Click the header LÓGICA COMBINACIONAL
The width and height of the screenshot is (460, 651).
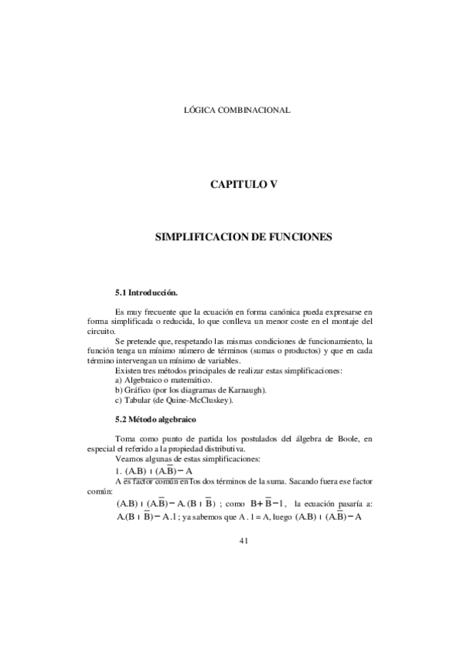237,111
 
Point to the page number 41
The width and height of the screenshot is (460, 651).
243,540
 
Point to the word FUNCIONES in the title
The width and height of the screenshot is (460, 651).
296,238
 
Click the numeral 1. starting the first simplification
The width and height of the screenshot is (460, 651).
117,470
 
